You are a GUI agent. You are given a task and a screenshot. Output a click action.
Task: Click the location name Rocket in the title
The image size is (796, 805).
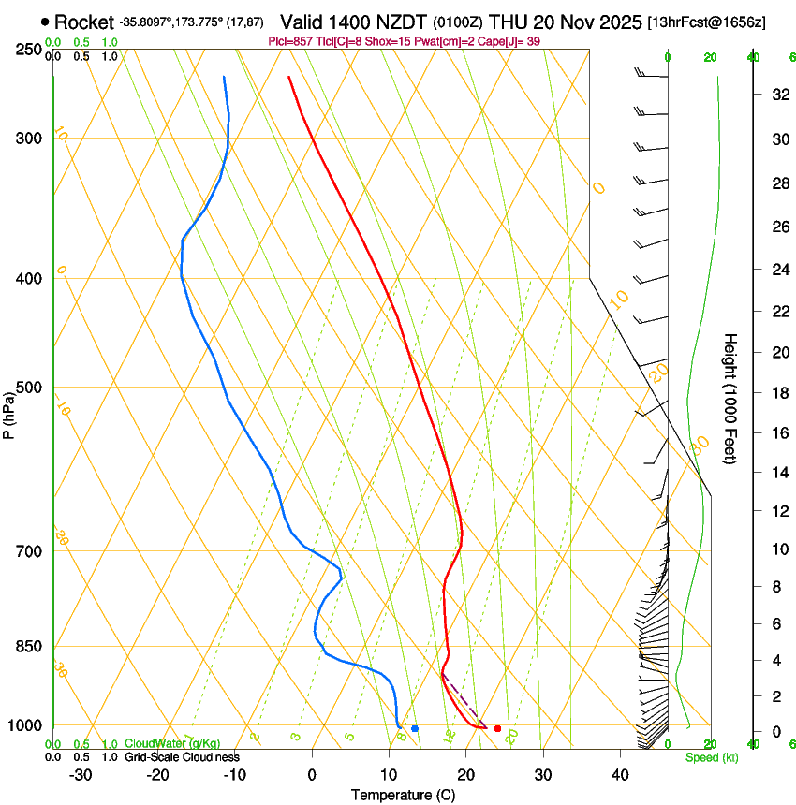point(83,22)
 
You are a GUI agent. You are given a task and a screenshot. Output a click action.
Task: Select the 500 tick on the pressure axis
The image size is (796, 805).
point(28,388)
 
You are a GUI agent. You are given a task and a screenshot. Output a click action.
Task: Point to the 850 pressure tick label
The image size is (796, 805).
point(28,647)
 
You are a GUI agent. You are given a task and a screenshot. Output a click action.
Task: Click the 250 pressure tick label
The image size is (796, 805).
point(28,50)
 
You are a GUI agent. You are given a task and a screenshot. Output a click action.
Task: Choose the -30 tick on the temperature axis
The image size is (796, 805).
point(81,774)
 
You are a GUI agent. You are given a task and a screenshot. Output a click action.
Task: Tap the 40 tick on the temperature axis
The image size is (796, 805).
point(620,774)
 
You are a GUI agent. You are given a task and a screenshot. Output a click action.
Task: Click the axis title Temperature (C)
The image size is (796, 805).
point(403,795)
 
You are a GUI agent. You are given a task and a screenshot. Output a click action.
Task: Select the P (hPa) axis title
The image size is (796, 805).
point(8,413)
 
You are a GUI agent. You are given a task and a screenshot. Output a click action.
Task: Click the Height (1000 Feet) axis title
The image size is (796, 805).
point(731,398)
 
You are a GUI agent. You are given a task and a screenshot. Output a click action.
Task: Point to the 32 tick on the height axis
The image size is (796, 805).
point(777,95)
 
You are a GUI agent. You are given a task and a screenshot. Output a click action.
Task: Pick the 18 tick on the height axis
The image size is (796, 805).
point(777,393)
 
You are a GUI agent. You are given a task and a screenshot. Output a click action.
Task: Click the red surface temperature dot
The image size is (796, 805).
point(497,728)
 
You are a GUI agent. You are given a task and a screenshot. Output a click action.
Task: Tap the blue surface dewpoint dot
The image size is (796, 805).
point(415,728)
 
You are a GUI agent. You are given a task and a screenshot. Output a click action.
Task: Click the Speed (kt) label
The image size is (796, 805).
point(711,757)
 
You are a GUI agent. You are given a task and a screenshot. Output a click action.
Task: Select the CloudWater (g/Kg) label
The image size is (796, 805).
point(172,744)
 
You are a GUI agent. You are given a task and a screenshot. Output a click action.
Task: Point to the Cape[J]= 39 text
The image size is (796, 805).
point(511,41)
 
